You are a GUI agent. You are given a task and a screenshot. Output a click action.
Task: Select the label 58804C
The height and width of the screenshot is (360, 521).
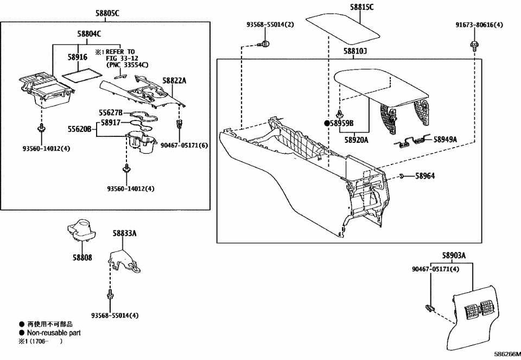point(90,34)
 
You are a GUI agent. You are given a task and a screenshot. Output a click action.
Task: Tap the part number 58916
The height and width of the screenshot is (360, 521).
point(78,57)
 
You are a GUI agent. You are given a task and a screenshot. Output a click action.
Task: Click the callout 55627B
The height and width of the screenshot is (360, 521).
point(111,112)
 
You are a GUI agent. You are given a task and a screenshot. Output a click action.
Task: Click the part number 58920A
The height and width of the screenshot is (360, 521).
point(356,140)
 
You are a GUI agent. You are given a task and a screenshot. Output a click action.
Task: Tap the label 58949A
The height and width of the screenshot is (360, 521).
point(445,139)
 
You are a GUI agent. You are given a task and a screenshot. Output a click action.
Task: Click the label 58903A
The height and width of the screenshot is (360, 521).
point(454,255)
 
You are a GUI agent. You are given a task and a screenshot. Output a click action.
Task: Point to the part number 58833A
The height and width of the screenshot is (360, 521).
point(125,233)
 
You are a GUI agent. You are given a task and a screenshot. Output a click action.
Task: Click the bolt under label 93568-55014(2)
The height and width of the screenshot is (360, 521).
point(265,43)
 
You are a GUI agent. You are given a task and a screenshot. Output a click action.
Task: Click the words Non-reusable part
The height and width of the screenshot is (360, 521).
point(53,333)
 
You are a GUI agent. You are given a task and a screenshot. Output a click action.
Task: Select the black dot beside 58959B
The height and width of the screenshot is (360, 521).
point(327,123)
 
